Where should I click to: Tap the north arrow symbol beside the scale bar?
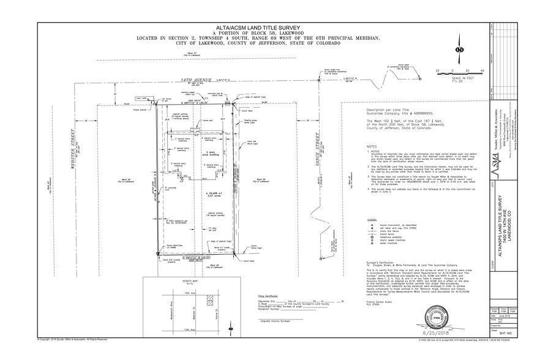460,48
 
